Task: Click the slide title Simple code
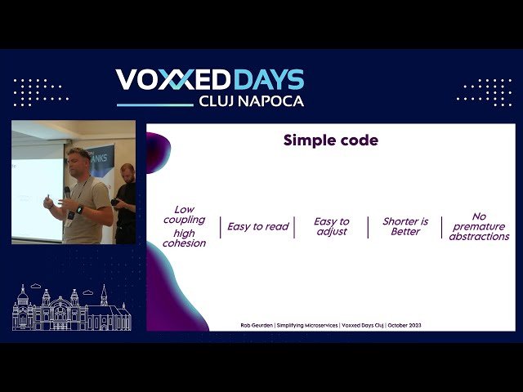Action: (x=330, y=140)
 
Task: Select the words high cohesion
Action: (x=184, y=238)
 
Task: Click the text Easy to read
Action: (x=257, y=226)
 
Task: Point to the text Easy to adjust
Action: (x=331, y=226)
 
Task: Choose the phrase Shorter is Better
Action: (x=405, y=226)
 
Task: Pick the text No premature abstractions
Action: (x=479, y=226)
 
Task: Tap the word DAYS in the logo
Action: (x=269, y=80)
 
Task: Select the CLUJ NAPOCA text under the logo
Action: (x=251, y=101)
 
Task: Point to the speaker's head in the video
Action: (x=80, y=158)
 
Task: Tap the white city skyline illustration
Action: (x=71, y=308)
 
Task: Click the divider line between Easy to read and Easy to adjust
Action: (x=294, y=227)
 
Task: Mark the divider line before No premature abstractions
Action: (x=442, y=227)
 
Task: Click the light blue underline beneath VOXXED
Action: (x=155, y=105)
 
